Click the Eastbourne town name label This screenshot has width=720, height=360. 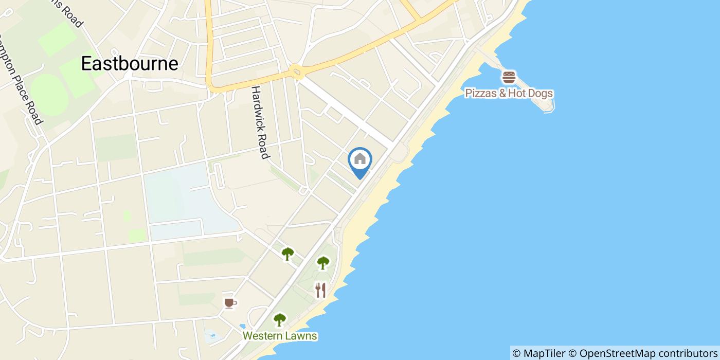(130, 63)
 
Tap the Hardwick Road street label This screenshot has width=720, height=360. (260, 122)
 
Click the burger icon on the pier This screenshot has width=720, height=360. (509, 78)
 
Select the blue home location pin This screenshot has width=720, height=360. (360, 160)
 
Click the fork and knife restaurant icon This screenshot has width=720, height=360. (320, 290)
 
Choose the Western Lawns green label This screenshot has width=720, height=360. (280, 336)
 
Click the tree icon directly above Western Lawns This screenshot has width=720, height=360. (279, 320)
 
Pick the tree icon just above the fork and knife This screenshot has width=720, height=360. (323, 263)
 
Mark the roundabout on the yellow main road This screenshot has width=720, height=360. (295, 70)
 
